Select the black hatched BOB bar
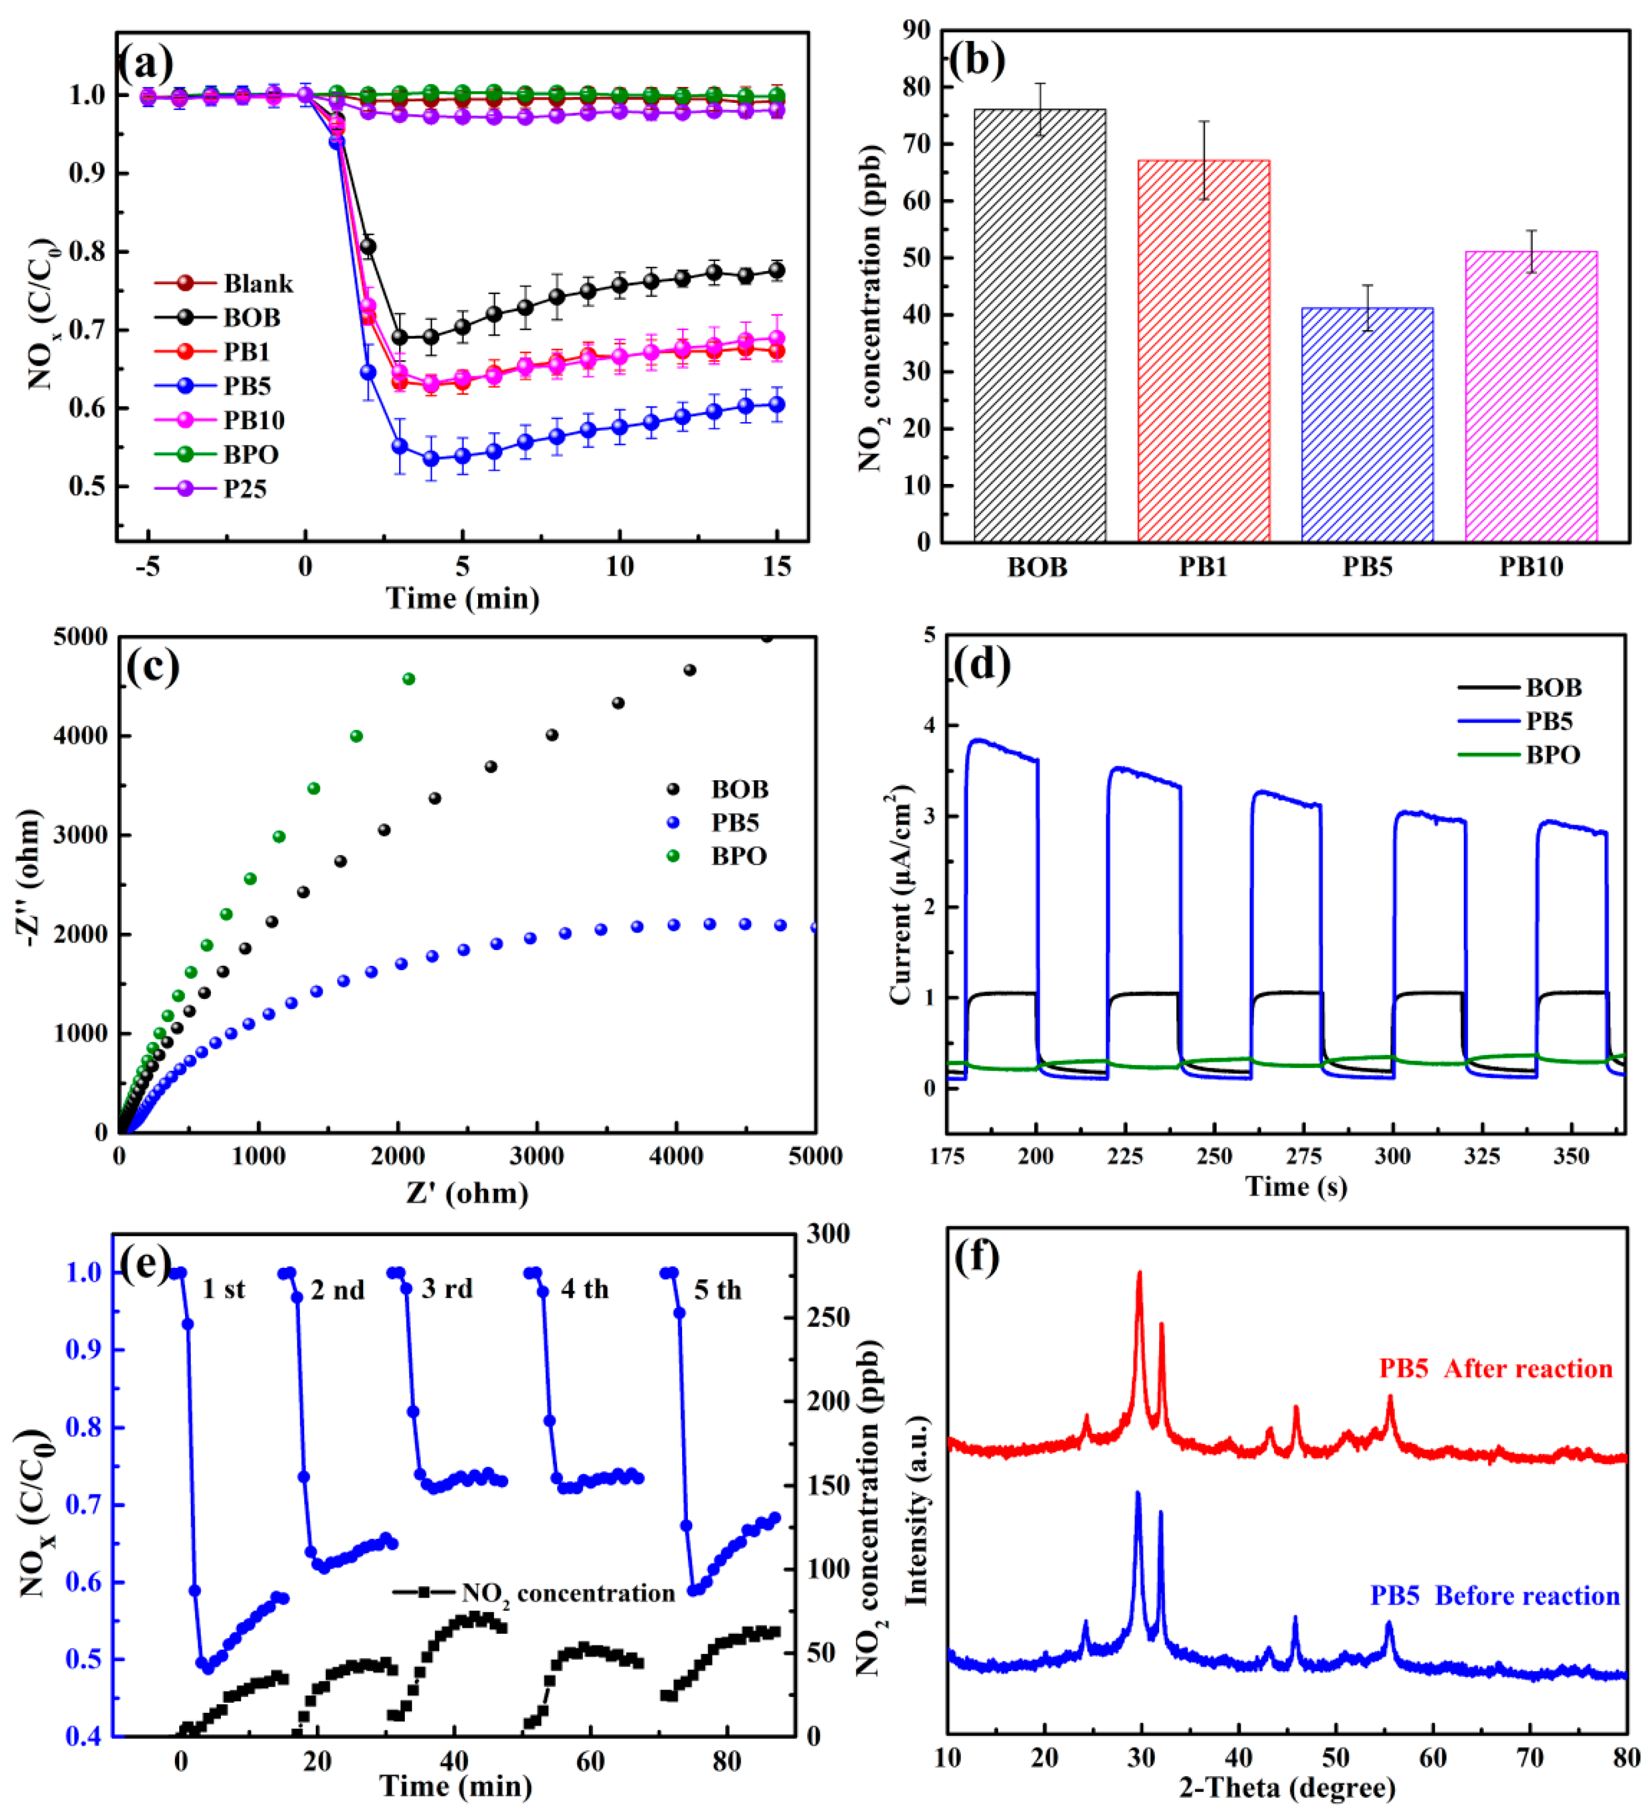pos(1039,326)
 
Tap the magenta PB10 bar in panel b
pos(1531,396)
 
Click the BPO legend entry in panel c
pos(737,856)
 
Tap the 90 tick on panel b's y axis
pos(916,30)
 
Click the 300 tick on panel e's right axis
pos(828,1234)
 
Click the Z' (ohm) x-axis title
pos(467,1194)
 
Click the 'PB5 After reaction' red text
pos(1495,1370)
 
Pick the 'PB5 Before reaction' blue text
pos(1494,1596)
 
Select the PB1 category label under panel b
pos(1202,567)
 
